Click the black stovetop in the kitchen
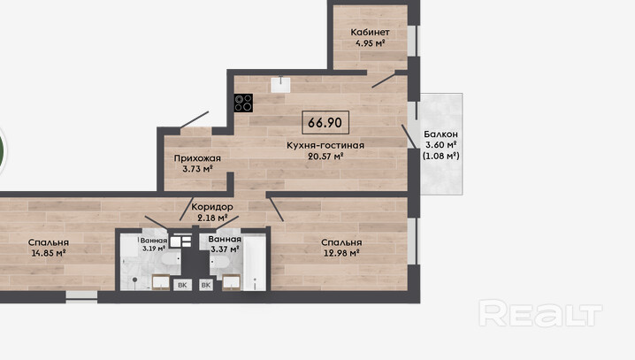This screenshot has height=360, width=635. tap(243, 103)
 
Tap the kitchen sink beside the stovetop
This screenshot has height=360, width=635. tap(280, 85)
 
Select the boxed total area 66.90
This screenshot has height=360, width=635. tap(325, 122)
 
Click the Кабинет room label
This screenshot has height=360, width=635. tap(371, 32)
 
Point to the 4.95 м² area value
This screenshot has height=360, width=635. tap(371, 43)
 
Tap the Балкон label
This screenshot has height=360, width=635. tap(441, 134)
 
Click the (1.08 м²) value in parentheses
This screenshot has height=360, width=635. tap(441, 156)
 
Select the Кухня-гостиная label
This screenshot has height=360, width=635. tap(325, 145)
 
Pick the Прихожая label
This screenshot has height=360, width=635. tap(197, 158)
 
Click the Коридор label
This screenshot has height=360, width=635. tap(212, 207)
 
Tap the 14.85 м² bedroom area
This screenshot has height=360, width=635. tap(49, 254)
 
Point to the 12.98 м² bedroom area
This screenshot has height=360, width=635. tap(341, 254)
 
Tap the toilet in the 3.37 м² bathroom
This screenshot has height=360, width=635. tap(220, 262)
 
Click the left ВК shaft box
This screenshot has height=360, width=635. tap(182, 285)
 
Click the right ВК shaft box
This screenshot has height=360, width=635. tap(206, 285)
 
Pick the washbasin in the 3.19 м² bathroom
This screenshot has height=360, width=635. tap(161, 282)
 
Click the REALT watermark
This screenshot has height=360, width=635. tap(540, 313)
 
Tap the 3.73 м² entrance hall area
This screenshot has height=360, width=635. tap(197, 169)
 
